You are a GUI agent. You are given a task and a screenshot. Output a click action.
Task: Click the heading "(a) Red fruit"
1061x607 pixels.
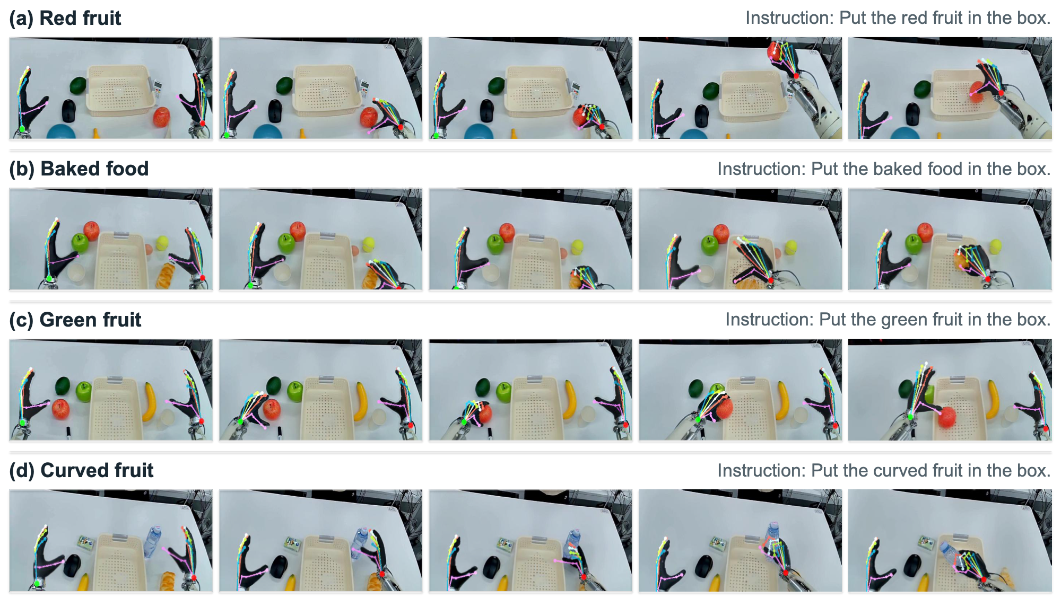pyautogui.click(x=65, y=19)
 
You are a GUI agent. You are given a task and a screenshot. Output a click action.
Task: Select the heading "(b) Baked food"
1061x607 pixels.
pyautogui.click(x=79, y=169)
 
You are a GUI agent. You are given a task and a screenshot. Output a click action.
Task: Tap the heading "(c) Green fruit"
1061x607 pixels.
pyautogui.click(x=75, y=320)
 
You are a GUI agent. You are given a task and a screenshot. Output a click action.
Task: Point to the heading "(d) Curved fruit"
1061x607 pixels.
pyautogui.click(x=81, y=471)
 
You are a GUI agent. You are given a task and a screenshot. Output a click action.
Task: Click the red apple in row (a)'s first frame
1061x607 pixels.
pyautogui.click(x=162, y=117)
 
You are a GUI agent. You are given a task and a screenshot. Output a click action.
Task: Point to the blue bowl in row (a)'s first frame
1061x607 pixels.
pyautogui.click(x=65, y=132)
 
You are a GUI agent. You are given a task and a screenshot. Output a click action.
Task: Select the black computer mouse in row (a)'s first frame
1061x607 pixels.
pyautogui.click(x=69, y=110)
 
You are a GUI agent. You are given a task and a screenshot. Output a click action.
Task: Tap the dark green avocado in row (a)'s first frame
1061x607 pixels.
pyautogui.click(x=78, y=85)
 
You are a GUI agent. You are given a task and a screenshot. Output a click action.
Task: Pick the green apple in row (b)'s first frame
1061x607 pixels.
pyautogui.click(x=80, y=243)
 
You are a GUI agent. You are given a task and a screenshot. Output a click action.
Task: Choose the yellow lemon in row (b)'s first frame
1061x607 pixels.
pyautogui.click(x=162, y=243)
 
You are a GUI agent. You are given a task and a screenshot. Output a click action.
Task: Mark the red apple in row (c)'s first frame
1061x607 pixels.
pyautogui.click(x=61, y=409)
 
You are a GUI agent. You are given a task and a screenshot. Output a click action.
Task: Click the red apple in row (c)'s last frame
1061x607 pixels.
pyautogui.click(x=947, y=417)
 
